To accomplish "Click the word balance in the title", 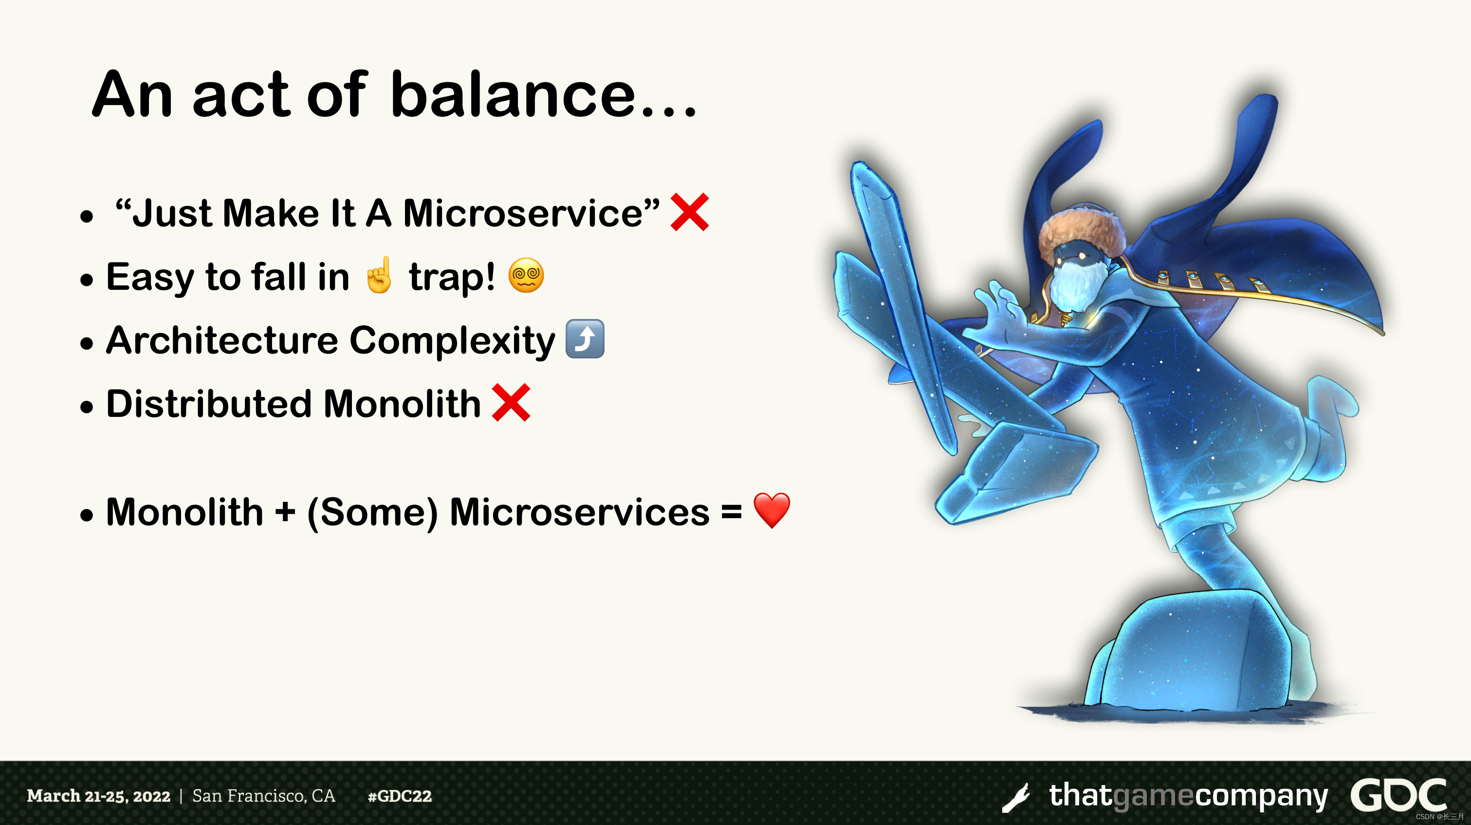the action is tap(513, 94).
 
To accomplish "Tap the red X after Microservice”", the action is tap(690, 212).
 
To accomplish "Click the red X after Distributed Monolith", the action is tap(511, 403).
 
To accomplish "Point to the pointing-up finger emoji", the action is tap(379, 275).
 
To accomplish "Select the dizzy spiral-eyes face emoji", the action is tap(526, 275).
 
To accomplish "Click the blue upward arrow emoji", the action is tap(585, 339).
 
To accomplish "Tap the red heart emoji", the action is tap(772, 510).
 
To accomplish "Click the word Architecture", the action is tap(222, 340).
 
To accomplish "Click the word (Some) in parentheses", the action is tap(372, 512).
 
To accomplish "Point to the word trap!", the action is tap(452, 278).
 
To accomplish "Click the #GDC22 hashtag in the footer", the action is tap(400, 796).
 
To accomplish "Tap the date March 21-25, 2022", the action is tap(99, 796).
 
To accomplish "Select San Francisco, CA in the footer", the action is tap(263, 796).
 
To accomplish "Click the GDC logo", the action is tap(1398, 795).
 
